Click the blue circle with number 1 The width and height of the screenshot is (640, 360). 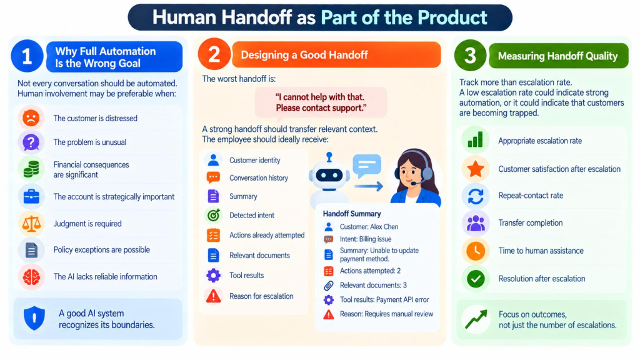[27, 56]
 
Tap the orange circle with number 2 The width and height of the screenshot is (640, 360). [214, 54]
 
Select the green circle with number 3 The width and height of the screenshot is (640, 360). [470, 55]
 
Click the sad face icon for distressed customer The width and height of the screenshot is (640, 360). [31, 118]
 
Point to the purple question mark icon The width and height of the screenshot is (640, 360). [31, 142]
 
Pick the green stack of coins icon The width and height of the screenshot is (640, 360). [31, 169]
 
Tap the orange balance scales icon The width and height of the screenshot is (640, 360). [31, 224]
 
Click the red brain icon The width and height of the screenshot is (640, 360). [31, 277]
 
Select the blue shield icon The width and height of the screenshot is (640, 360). [34, 318]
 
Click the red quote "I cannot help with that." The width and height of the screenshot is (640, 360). [319, 97]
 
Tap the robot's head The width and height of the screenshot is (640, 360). [329, 174]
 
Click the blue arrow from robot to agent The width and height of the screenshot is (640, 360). [369, 187]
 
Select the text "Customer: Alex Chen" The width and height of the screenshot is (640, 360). [369, 227]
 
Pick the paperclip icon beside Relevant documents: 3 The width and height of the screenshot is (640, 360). [329, 285]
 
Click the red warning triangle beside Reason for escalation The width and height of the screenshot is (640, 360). [213, 296]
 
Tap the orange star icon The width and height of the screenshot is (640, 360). [476, 169]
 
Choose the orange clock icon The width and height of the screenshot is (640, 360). [476, 251]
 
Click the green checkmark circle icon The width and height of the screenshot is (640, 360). [476, 279]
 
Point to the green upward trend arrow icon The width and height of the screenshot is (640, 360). [476, 319]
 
